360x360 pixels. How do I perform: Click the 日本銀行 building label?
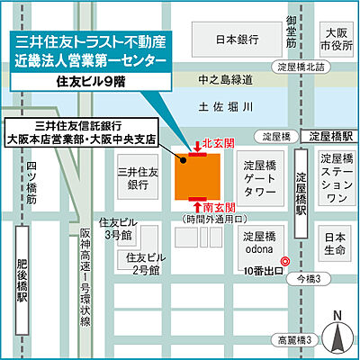[238, 40]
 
